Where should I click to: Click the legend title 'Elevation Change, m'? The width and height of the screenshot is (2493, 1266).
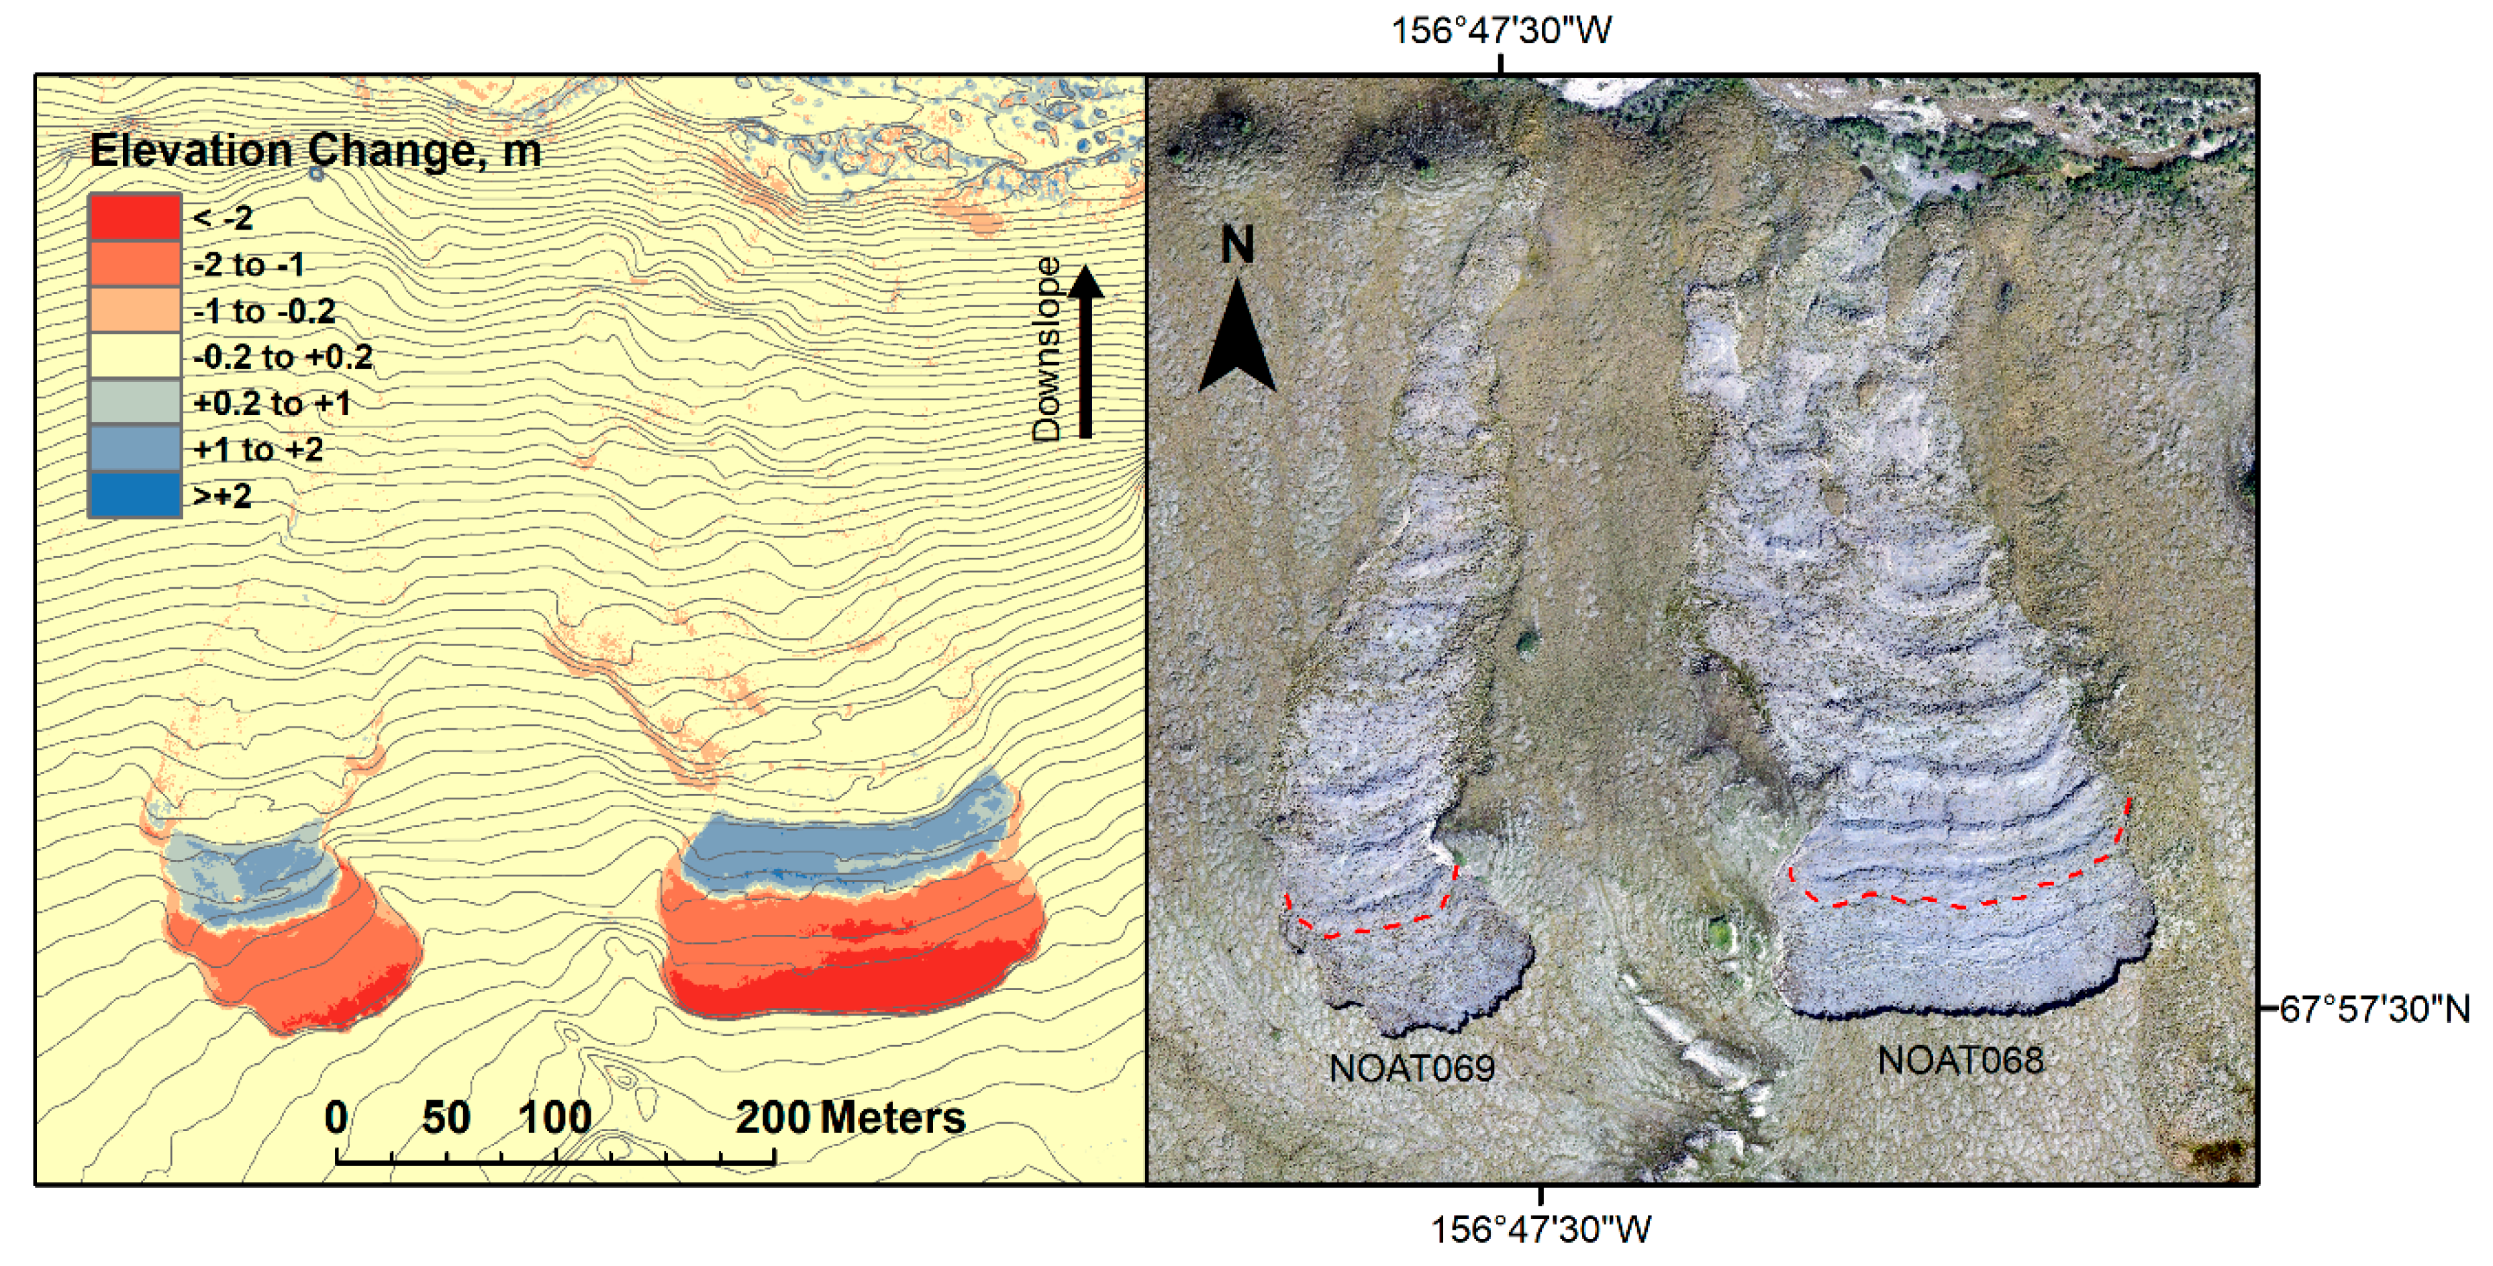(315, 152)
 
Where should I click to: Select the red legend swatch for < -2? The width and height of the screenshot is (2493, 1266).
(134, 217)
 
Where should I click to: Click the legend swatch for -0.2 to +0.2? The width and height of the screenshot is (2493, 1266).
(134, 356)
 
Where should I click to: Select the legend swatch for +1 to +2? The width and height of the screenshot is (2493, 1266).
(134, 449)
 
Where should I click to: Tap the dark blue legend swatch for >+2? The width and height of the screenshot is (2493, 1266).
(134, 495)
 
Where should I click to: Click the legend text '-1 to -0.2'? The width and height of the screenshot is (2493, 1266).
(264, 311)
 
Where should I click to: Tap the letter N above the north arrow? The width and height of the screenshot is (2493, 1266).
(1238, 245)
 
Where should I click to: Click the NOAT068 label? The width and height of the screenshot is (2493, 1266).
(1961, 1061)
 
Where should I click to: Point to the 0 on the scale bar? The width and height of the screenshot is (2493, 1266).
(336, 1118)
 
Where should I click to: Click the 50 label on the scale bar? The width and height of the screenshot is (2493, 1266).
(446, 1118)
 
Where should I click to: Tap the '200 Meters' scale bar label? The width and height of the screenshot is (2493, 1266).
(850, 1118)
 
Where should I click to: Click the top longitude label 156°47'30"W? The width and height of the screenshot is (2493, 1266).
(1501, 31)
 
